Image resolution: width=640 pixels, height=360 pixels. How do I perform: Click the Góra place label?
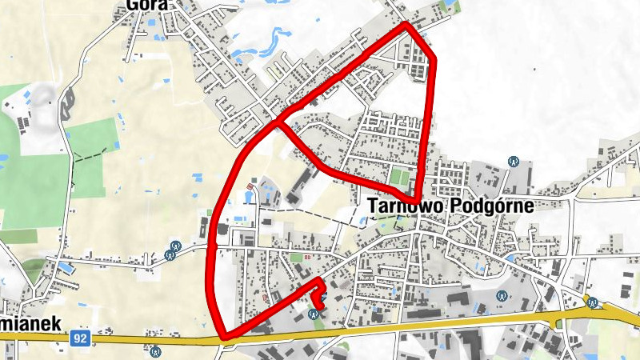(x=146, y=5)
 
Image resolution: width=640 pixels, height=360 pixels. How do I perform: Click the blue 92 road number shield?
(x=78, y=339)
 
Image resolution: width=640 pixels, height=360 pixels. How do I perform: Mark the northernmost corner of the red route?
(x=407, y=26)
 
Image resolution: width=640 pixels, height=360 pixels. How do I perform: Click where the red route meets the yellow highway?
(x=223, y=337)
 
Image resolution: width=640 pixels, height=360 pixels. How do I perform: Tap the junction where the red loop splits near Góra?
(x=277, y=123)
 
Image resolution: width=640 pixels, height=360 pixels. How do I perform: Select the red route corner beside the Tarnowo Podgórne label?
(x=417, y=198)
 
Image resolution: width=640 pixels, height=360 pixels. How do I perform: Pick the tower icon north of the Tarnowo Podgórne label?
(x=513, y=162)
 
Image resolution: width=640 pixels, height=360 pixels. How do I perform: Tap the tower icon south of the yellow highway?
(x=156, y=350)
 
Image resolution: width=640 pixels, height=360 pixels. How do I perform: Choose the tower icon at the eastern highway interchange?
(x=593, y=302)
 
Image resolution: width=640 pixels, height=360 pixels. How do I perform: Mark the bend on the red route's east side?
(x=434, y=58)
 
